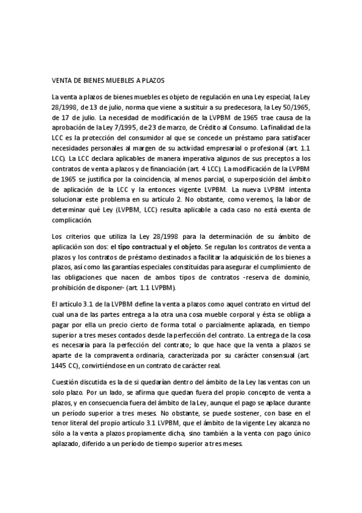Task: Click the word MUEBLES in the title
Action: (112, 79)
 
